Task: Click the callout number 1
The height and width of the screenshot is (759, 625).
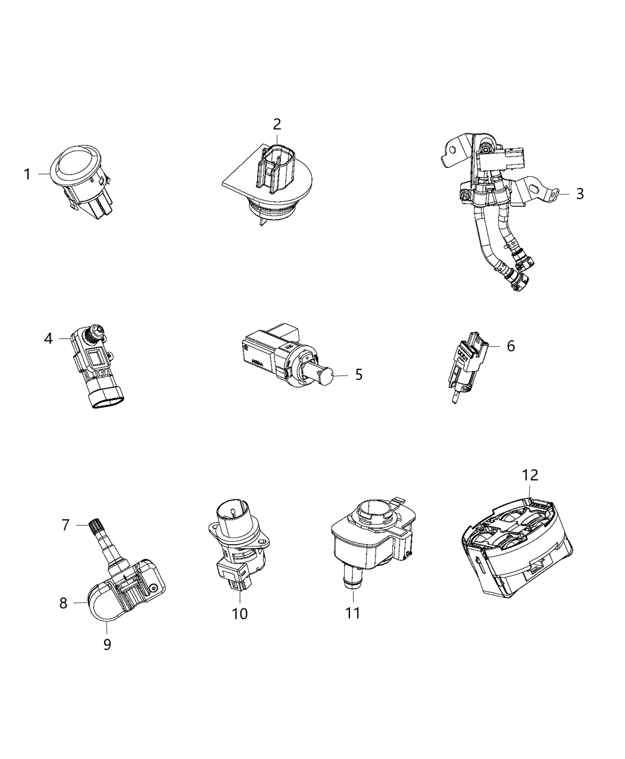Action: pos(27,174)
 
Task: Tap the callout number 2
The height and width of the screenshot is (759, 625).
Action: pos(277,124)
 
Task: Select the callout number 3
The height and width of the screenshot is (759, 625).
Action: pos(580,193)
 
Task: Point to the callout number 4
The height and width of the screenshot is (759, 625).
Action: pos(48,339)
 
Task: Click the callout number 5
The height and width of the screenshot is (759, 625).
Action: pos(358,374)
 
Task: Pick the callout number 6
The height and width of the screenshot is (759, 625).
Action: pos(511,346)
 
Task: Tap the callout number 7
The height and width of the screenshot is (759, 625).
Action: pos(65,524)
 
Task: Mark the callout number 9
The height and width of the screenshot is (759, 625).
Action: pos(107,644)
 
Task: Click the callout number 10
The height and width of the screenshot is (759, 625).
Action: pos(239,613)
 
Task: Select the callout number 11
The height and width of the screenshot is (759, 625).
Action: pos(353,613)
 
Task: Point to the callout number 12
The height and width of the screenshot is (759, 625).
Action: pos(530,475)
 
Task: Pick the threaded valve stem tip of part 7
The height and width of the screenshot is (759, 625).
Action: pos(96,526)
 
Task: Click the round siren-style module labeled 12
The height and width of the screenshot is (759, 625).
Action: pos(515,542)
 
